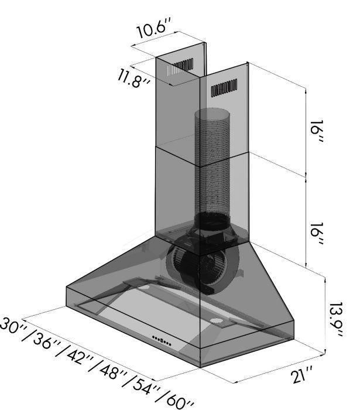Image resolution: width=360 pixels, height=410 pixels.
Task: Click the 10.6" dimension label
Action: click(x=154, y=28)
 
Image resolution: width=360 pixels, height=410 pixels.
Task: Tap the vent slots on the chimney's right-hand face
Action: click(x=224, y=87)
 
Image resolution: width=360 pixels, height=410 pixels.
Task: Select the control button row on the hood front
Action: click(x=162, y=339)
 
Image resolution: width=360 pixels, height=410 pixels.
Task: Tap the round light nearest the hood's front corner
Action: click(x=217, y=322)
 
